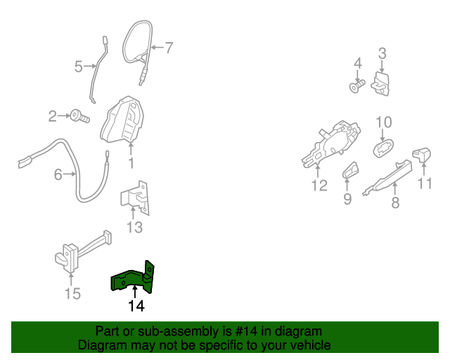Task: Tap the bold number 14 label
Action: point(136,306)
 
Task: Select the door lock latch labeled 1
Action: point(122,120)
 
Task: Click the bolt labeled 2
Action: point(80,116)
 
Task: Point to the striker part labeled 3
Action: point(380,84)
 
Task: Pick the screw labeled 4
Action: point(358,86)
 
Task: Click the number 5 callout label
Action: point(78,67)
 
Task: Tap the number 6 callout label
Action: point(58,174)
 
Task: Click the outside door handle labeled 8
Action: point(387,179)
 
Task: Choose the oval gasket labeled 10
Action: point(383,148)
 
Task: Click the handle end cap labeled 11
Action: point(422,155)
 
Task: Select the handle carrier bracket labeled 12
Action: point(330,143)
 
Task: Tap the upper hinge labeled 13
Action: point(134,198)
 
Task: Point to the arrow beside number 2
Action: point(64,116)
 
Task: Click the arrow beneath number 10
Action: point(382,135)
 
